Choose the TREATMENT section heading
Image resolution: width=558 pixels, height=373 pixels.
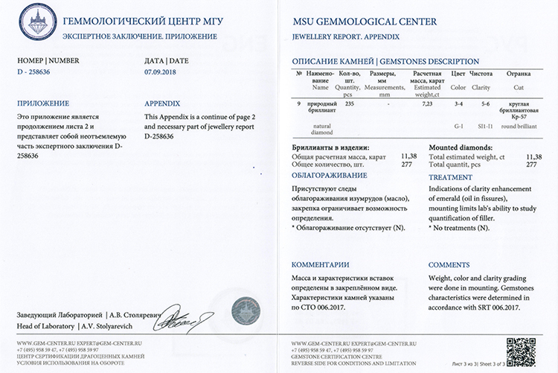pos(450,177)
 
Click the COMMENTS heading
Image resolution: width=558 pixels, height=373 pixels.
pos(449,264)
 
